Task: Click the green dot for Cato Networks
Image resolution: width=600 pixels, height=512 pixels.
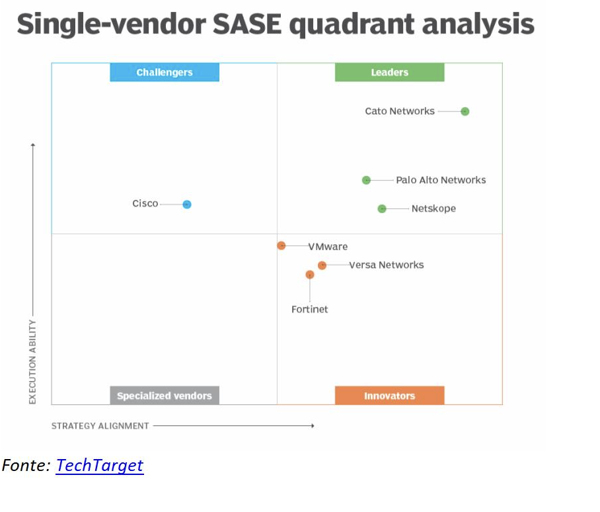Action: pyautogui.click(x=465, y=111)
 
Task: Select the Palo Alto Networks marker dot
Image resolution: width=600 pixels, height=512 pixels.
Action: pyautogui.click(x=366, y=180)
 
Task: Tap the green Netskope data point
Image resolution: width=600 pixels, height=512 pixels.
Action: pyautogui.click(x=382, y=209)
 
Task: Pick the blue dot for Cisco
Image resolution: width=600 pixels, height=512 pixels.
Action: pyautogui.click(x=187, y=204)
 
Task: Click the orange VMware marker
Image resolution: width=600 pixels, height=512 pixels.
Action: pyautogui.click(x=281, y=245)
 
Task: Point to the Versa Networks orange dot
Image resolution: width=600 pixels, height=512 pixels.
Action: pyautogui.click(x=322, y=265)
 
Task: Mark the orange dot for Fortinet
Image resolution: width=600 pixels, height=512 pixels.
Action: pyautogui.click(x=310, y=275)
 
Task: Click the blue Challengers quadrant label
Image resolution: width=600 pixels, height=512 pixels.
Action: pyautogui.click(x=165, y=72)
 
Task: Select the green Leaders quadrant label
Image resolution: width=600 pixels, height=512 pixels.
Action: pyautogui.click(x=390, y=72)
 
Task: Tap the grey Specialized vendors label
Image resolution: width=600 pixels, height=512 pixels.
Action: pyautogui.click(x=165, y=396)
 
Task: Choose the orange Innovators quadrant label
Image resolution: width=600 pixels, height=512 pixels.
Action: pyautogui.click(x=390, y=396)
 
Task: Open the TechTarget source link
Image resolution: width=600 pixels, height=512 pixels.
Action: pyautogui.click(x=100, y=466)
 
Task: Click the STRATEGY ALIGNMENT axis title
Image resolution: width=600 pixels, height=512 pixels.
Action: pyautogui.click(x=100, y=426)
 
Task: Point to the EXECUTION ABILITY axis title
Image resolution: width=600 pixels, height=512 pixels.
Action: pyautogui.click(x=32, y=362)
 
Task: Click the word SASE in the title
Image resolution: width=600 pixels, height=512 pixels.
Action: pyautogui.click(x=247, y=24)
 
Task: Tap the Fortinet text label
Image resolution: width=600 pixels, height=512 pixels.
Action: pyautogui.click(x=309, y=310)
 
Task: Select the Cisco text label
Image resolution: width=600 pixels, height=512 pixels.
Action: pyautogui.click(x=145, y=203)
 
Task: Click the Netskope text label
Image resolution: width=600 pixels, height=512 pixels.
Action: pyautogui.click(x=433, y=209)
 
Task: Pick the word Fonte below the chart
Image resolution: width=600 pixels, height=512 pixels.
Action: pyautogui.click(x=26, y=466)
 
